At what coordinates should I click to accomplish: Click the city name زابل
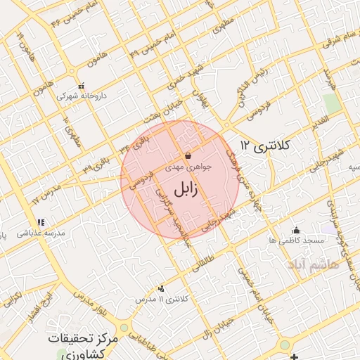180,188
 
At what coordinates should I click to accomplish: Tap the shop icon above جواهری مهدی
187,156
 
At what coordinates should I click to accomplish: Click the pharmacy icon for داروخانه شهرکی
81,84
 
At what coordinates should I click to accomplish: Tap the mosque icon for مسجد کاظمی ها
296,229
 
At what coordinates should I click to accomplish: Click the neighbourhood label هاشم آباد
312,264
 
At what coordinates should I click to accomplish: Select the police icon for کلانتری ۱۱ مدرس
163,288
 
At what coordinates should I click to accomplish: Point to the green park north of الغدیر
333,103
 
